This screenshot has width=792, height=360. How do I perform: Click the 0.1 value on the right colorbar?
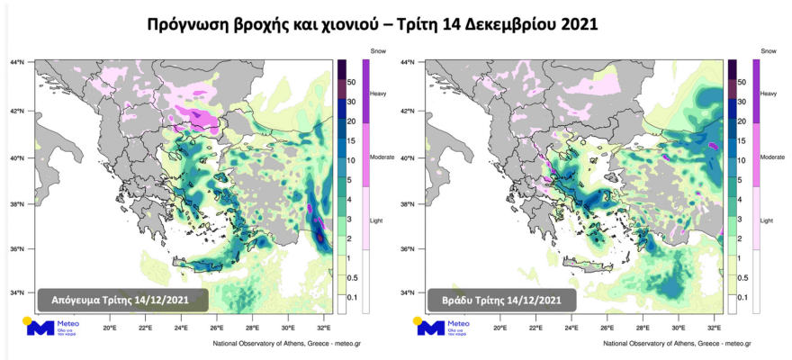click(x=742, y=297)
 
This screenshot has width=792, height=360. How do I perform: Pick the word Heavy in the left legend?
click(x=378, y=94)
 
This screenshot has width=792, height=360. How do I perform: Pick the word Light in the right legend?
click(x=767, y=219)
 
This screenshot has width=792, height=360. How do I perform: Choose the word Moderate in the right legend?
click(x=772, y=157)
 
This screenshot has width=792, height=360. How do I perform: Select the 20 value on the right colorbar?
click(x=742, y=121)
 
